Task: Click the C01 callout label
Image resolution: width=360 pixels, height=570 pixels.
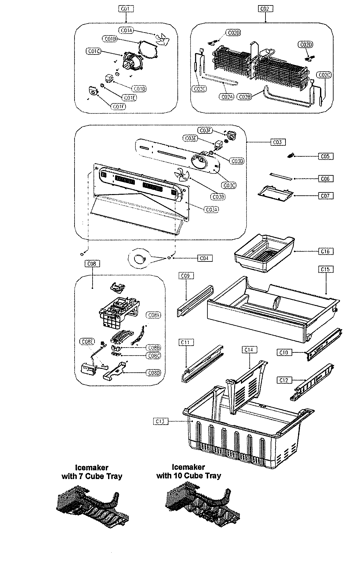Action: point(125,9)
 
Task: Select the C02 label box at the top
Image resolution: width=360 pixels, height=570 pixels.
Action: point(265,9)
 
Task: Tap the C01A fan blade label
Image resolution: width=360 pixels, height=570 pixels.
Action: point(126,30)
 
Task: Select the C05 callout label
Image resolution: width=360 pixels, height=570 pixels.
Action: point(325,156)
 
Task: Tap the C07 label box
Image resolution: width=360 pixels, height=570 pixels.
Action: point(325,195)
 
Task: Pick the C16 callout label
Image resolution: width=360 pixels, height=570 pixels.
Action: point(325,251)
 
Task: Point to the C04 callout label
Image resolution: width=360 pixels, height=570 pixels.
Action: point(205,258)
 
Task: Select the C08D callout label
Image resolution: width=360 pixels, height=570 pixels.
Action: point(153,373)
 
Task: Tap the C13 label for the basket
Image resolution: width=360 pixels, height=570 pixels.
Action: point(161,421)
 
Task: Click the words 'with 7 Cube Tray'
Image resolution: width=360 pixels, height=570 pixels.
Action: point(92,476)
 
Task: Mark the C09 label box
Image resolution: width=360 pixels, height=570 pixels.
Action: point(186,276)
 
